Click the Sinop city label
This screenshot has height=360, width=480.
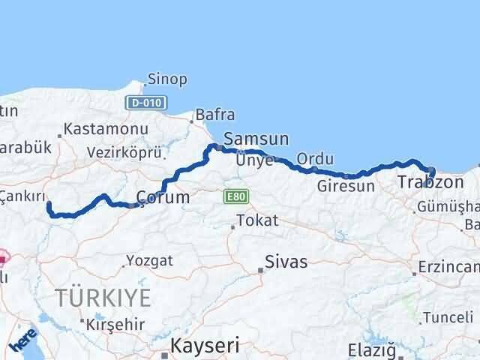point(167,79)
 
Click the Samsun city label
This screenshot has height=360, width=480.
point(256,139)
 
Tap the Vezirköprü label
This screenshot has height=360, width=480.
point(124,152)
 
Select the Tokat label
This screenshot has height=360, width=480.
point(257,221)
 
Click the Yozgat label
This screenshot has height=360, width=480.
point(150,261)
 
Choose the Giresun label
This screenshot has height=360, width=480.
point(346,186)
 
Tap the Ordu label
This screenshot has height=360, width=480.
point(310,159)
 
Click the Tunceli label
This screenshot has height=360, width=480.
point(448,317)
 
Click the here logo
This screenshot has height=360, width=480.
point(24,340)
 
